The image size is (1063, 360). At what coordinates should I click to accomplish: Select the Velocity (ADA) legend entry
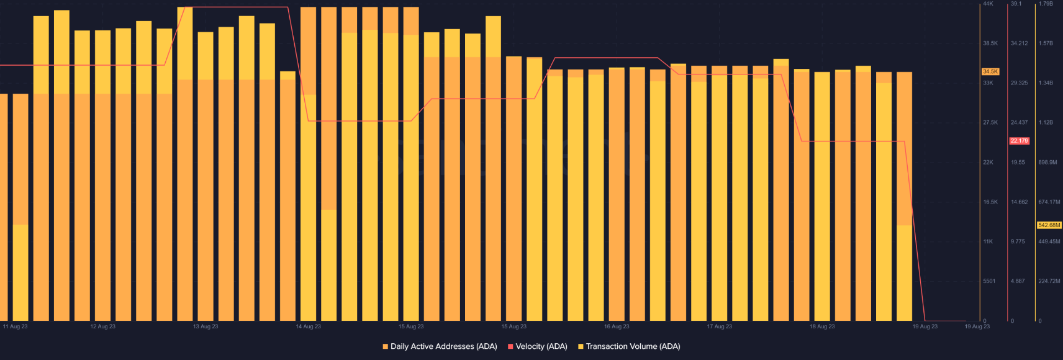[x=538, y=346]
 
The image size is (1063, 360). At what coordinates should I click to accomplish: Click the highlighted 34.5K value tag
[x=990, y=71]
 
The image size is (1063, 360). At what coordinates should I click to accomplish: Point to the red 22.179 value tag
[x=1019, y=141]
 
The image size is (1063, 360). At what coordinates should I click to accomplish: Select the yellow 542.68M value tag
[x=1049, y=225]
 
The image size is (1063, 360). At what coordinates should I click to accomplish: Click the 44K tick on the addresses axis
[x=988, y=4]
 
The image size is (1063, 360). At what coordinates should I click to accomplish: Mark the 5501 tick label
[x=989, y=281]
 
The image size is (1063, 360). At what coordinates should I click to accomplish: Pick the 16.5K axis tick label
[x=990, y=202]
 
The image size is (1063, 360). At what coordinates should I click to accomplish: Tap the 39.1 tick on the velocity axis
[x=1016, y=4]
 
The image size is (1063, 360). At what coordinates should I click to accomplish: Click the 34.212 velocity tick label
[x=1019, y=43]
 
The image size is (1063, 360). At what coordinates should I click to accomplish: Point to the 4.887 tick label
[x=1018, y=281]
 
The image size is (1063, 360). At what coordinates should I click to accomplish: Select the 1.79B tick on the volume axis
[x=1046, y=4]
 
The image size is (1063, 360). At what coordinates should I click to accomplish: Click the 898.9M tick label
[x=1047, y=162]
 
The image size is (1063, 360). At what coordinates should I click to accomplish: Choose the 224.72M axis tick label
[x=1049, y=281]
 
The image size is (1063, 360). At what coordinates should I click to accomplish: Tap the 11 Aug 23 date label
[x=16, y=326]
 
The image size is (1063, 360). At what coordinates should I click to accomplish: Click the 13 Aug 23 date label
[x=206, y=326]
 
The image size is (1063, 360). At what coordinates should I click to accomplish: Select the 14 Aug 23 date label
[x=309, y=326]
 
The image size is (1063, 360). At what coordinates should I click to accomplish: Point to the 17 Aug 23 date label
[x=720, y=326]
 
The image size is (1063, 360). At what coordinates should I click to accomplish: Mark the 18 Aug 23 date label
[x=822, y=326]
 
